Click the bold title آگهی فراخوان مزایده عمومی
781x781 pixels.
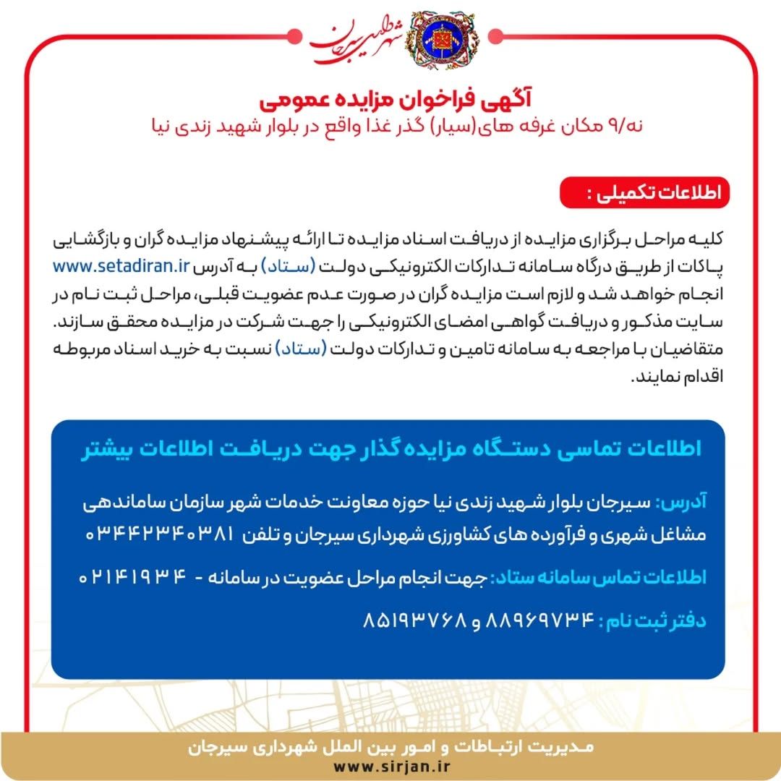tap(390, 95)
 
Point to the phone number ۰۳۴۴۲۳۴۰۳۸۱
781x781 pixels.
tap(161, 534)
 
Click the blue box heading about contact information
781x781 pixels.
tap(390, 448)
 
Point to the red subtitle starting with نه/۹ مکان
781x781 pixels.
tap(390, 125)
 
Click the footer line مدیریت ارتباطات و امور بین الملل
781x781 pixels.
tap(390, 745)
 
